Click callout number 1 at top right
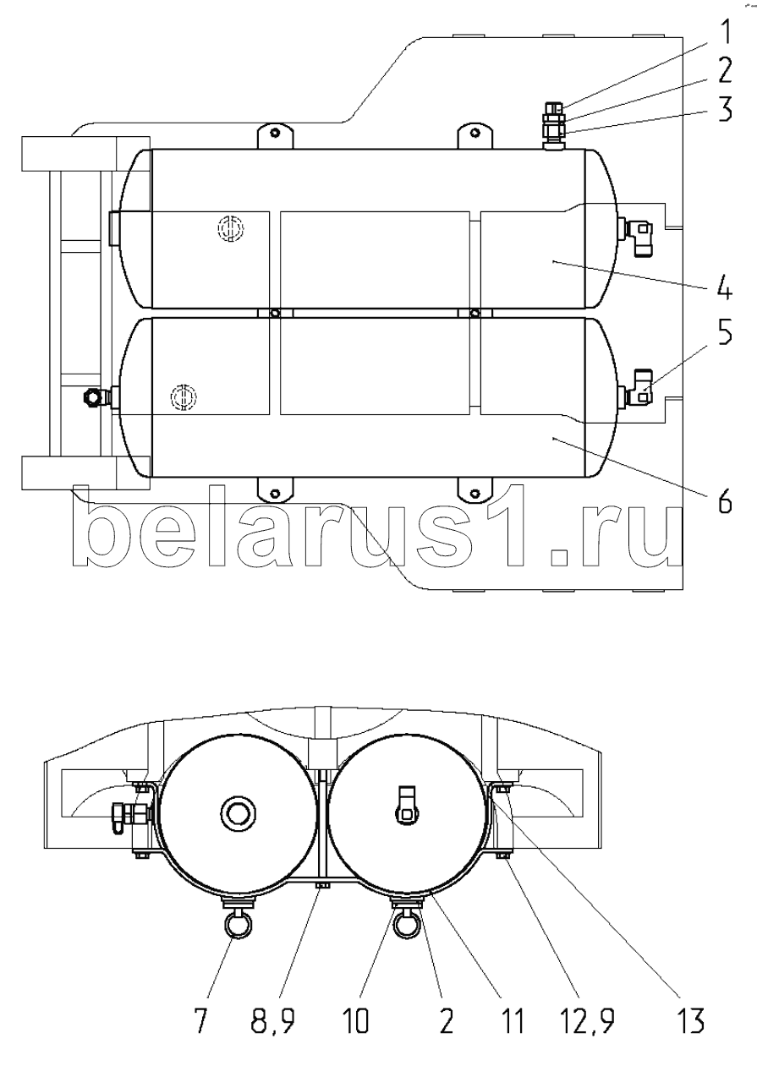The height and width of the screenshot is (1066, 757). tap(724, 32)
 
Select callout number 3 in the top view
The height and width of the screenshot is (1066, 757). tap(725, 109)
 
